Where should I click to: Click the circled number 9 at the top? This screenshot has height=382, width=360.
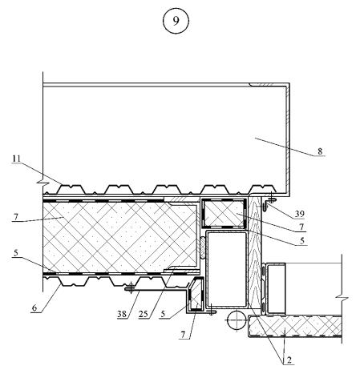pyautogui.click(x=176, y=21)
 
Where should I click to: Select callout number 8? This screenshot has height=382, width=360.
pyautogui.click(x=320, y=151)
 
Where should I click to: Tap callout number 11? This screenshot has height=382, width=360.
pyautogui.click(x=16, y=159)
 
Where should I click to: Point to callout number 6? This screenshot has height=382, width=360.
pyautogui.click(x=34, y=308)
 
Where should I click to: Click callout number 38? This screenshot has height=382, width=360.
pyautogui.click(x=122, y=314)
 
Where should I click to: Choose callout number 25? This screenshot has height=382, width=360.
pyautogui.click(x=143, y=314)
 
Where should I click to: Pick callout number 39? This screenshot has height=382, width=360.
pyautogui.click(x=300, y=214)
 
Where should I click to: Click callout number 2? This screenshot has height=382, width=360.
pyautogui.click(x=289, y=360)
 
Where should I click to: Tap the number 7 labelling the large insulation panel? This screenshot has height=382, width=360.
pyautogui.click(x=16, y=217)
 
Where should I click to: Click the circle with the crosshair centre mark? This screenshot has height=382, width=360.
pyautogui.click(x=237, y=320)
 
